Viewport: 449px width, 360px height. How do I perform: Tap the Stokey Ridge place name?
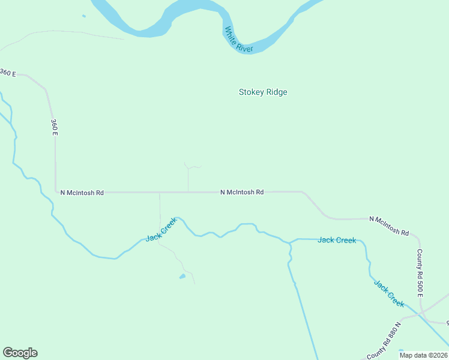coord(263,92)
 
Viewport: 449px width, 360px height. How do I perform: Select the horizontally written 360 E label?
coord(8,73)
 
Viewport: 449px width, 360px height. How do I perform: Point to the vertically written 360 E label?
coord(54,127)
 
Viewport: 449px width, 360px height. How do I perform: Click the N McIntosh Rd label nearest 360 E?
coord(82,193)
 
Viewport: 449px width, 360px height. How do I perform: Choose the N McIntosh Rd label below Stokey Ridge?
coord(242,193)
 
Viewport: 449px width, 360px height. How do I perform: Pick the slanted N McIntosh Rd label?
coord(389,225)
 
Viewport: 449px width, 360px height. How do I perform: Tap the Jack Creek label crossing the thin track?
coord(161,230)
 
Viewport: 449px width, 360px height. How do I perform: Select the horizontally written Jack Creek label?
coord(337,240)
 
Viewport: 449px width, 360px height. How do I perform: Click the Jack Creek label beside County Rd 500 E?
coord(389,293)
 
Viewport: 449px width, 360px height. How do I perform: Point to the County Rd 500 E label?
coord(420,273)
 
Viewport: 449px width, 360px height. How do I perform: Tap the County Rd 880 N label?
coord(387,347)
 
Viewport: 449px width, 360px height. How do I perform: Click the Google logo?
coord(20,353)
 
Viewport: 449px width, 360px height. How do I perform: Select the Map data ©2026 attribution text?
coord(423,355)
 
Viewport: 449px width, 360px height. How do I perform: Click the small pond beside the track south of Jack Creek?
coord(182,277)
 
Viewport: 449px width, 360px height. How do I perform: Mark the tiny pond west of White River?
coord(83,16)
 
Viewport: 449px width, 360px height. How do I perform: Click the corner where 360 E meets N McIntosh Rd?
coord(56,192)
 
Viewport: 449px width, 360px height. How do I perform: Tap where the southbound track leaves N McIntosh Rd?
coord(160,193)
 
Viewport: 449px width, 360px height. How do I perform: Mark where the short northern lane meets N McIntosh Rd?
coord(188,193)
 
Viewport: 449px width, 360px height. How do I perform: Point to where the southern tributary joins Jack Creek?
coord(290,243)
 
